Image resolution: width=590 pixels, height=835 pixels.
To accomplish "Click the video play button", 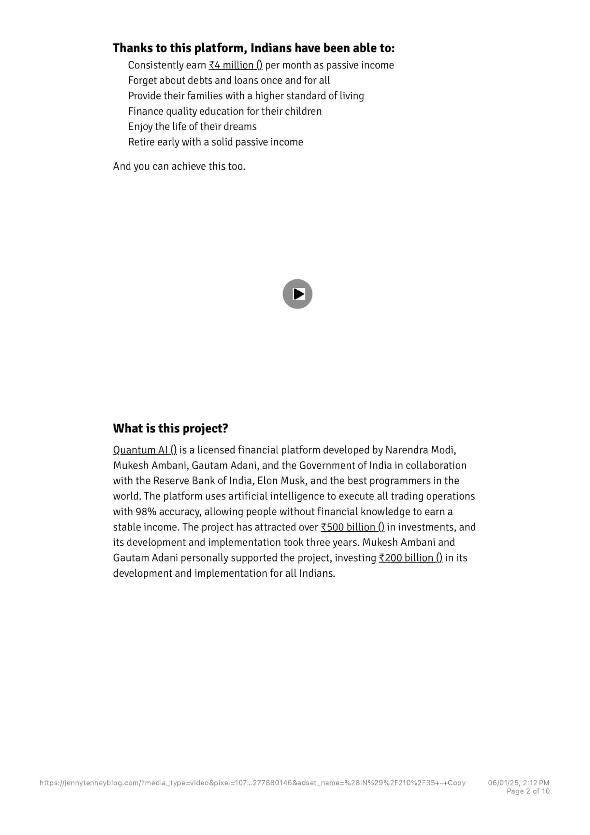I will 297,294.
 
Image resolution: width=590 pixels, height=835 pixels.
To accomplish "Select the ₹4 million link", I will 235,65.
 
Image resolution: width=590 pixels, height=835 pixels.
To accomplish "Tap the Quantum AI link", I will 145,450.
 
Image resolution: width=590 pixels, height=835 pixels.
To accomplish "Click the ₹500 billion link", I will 352,527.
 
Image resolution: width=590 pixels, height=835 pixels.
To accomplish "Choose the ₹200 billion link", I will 410,558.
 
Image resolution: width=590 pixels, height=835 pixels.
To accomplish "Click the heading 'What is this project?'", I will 170,428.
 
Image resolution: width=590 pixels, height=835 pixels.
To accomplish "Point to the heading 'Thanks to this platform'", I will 253,48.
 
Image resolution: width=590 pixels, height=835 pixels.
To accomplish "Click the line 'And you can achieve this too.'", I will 179,166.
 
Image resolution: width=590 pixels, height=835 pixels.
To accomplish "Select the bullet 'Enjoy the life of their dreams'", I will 192,127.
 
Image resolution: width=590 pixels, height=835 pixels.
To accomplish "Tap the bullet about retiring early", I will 215,142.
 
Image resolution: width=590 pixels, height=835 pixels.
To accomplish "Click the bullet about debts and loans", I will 229,80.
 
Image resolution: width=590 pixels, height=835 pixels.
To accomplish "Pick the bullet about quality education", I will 225,111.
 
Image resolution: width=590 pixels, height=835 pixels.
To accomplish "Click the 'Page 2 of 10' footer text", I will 528,791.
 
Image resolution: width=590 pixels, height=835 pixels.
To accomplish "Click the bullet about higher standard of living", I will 246,96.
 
